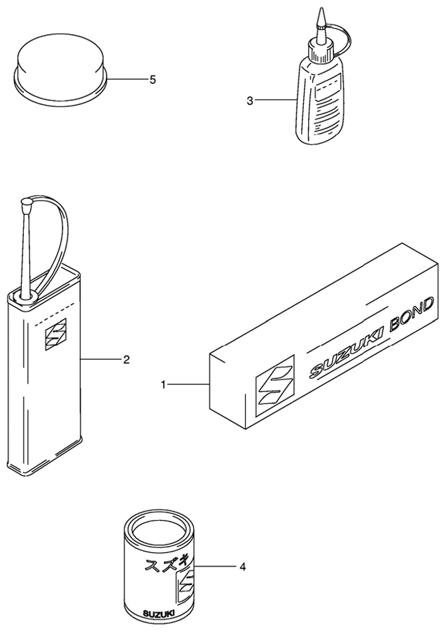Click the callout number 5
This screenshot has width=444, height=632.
(x=152, y=80)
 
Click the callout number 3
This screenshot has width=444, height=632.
(x=250, y=101)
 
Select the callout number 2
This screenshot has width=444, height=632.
(x=126, y=359)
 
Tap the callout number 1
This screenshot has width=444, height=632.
(x=163, y=386)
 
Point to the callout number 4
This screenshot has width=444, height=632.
(x=242, y=566)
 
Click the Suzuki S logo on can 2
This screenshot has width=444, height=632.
(x=55, y=334)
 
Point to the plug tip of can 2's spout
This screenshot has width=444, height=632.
(x=26, y=203)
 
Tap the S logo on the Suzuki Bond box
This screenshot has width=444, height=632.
(x=275, y=380)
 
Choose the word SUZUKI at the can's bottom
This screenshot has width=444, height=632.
(x=159, y=614)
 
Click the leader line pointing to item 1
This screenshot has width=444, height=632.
(x=189, y=386)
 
